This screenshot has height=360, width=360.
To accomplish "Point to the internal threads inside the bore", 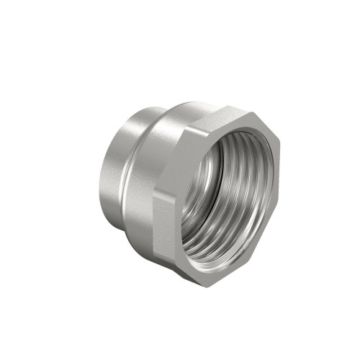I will coord(209,216).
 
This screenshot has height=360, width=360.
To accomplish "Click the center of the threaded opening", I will coord(229,193).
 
